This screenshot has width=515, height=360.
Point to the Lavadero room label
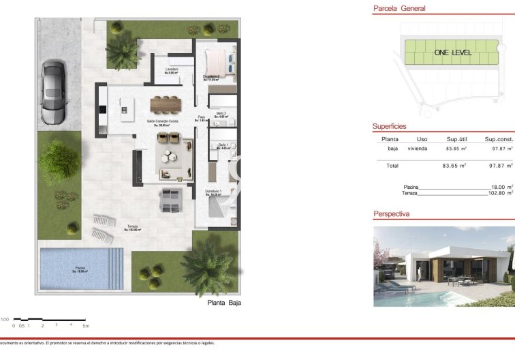tap(172, 70)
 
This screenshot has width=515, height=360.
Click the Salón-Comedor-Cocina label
tap(162, 121)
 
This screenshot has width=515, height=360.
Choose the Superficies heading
tap(389, 126)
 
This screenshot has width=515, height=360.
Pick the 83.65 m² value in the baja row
tap(456, 148)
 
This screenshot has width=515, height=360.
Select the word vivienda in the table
tap(418, 148)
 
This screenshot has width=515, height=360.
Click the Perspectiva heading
tap(391, 214)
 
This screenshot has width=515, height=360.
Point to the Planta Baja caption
tap(224, 303)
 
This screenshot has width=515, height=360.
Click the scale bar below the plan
tap(49, 320)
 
